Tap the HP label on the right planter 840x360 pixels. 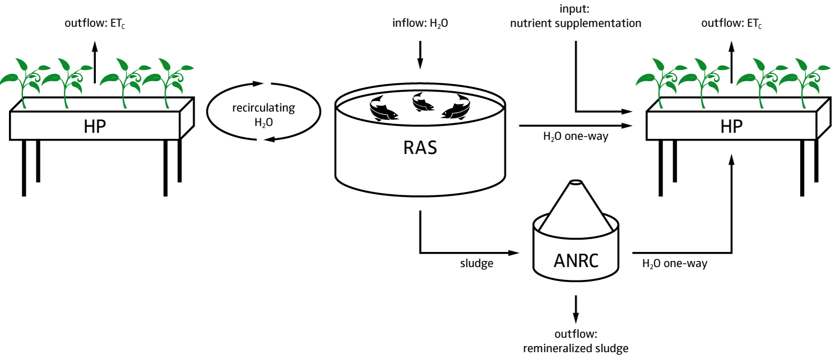click(732, 125)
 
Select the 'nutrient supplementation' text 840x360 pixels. click(576, 24)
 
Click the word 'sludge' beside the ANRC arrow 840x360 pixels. click(476, 263)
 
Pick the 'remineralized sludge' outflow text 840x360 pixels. click(576, 348)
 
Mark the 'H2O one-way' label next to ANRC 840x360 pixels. click(674, 263)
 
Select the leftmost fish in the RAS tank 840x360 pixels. click(384, 108)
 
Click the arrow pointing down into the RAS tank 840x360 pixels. click(420, 56)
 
